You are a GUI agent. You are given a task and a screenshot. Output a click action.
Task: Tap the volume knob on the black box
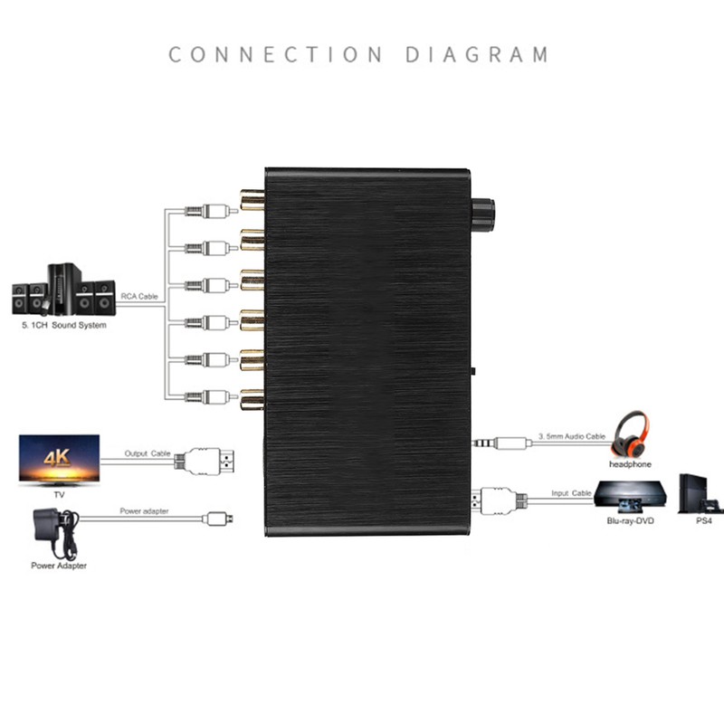point(482,212)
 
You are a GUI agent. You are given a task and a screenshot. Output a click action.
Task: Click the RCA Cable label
point(140,295)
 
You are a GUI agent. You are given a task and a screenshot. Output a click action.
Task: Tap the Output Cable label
point(148,453)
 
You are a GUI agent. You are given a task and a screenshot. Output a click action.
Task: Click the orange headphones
point(631,435)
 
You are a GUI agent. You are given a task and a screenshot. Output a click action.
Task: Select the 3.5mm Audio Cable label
point(571,436)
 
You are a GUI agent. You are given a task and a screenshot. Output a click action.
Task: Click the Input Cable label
point(571,493)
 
